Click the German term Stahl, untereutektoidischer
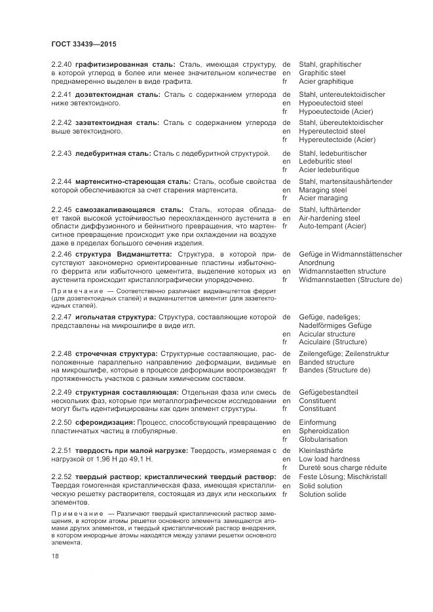(x=342, y=94)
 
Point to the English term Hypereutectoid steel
(x=332, y=131)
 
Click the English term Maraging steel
(x=323, y=190)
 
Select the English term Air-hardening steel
(x=329, y=218)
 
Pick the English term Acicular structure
(x=327, y=333)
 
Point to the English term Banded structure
(x=326, y=362)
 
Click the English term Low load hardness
(x=328, y=459)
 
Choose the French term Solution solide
(x=324, y=495)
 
